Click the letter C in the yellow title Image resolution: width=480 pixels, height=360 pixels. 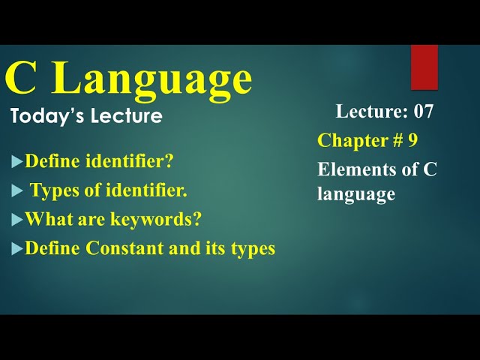[21, 78]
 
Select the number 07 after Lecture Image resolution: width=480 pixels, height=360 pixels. [423, 112]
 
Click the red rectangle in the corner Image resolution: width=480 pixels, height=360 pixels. [424, 67]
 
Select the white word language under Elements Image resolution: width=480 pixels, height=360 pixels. [355, 194]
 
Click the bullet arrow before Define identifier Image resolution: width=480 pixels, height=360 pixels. [16, 161]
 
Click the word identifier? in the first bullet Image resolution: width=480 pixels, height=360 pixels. [130, 161]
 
